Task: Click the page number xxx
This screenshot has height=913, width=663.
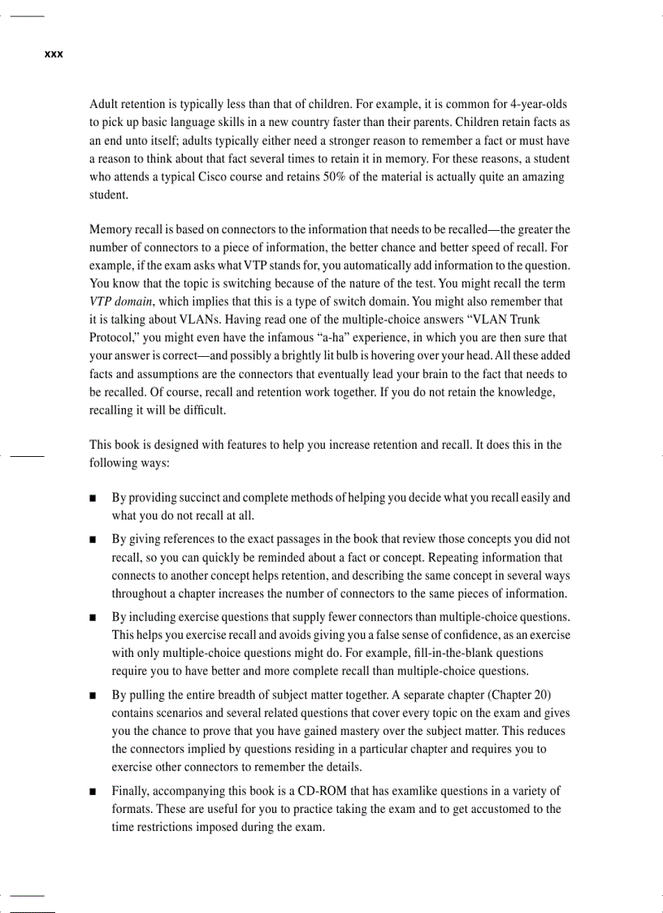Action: [x=54, y=54]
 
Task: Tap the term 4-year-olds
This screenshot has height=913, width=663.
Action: [x=538, y=105]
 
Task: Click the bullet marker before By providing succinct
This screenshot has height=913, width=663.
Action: [x=94, y=498]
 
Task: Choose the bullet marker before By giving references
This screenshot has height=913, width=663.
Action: [x=94, y=540]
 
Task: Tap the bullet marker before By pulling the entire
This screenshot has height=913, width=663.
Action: [x=94, y=696]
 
